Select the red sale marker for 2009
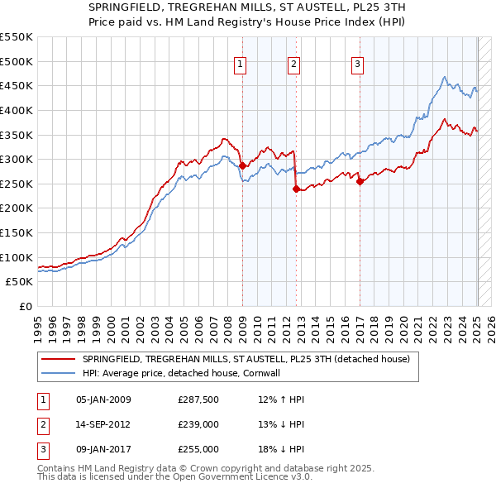tap(242, 166)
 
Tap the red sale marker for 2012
tap(296, 189)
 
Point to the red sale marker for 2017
tap(360, 182)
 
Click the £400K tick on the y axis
tap(17, 110)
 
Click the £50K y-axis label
tap(20, 282)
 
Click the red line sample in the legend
tap(58, 358)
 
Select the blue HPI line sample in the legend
tap(58, 373)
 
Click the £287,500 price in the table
tap(198, 400)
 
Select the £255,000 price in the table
tap(198, 450)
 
